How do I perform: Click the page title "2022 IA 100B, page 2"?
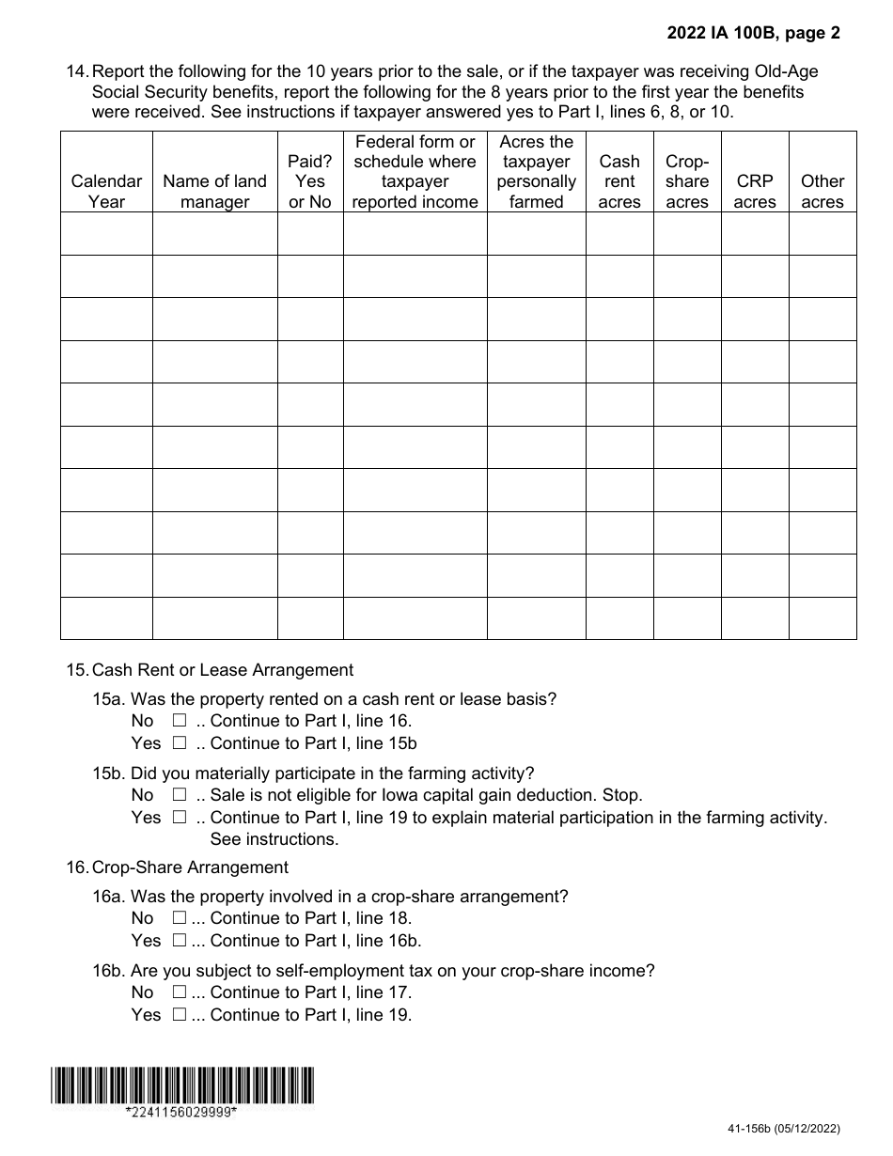point(754,34)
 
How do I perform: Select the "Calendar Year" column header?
point(106,191)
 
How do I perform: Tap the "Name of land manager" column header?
point(214,191)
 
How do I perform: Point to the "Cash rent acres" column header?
point(619,180)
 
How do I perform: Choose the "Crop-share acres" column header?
point(687,180)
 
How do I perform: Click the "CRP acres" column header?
point(755,191)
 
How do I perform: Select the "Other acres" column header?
point(822,191)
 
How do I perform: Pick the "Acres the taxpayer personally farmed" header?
point(536,171)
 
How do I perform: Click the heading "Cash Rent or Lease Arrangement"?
point(223,670)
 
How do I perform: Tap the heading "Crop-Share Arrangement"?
point(190,867)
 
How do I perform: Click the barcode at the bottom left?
point(182,1086)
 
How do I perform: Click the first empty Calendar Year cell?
point(106,233)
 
